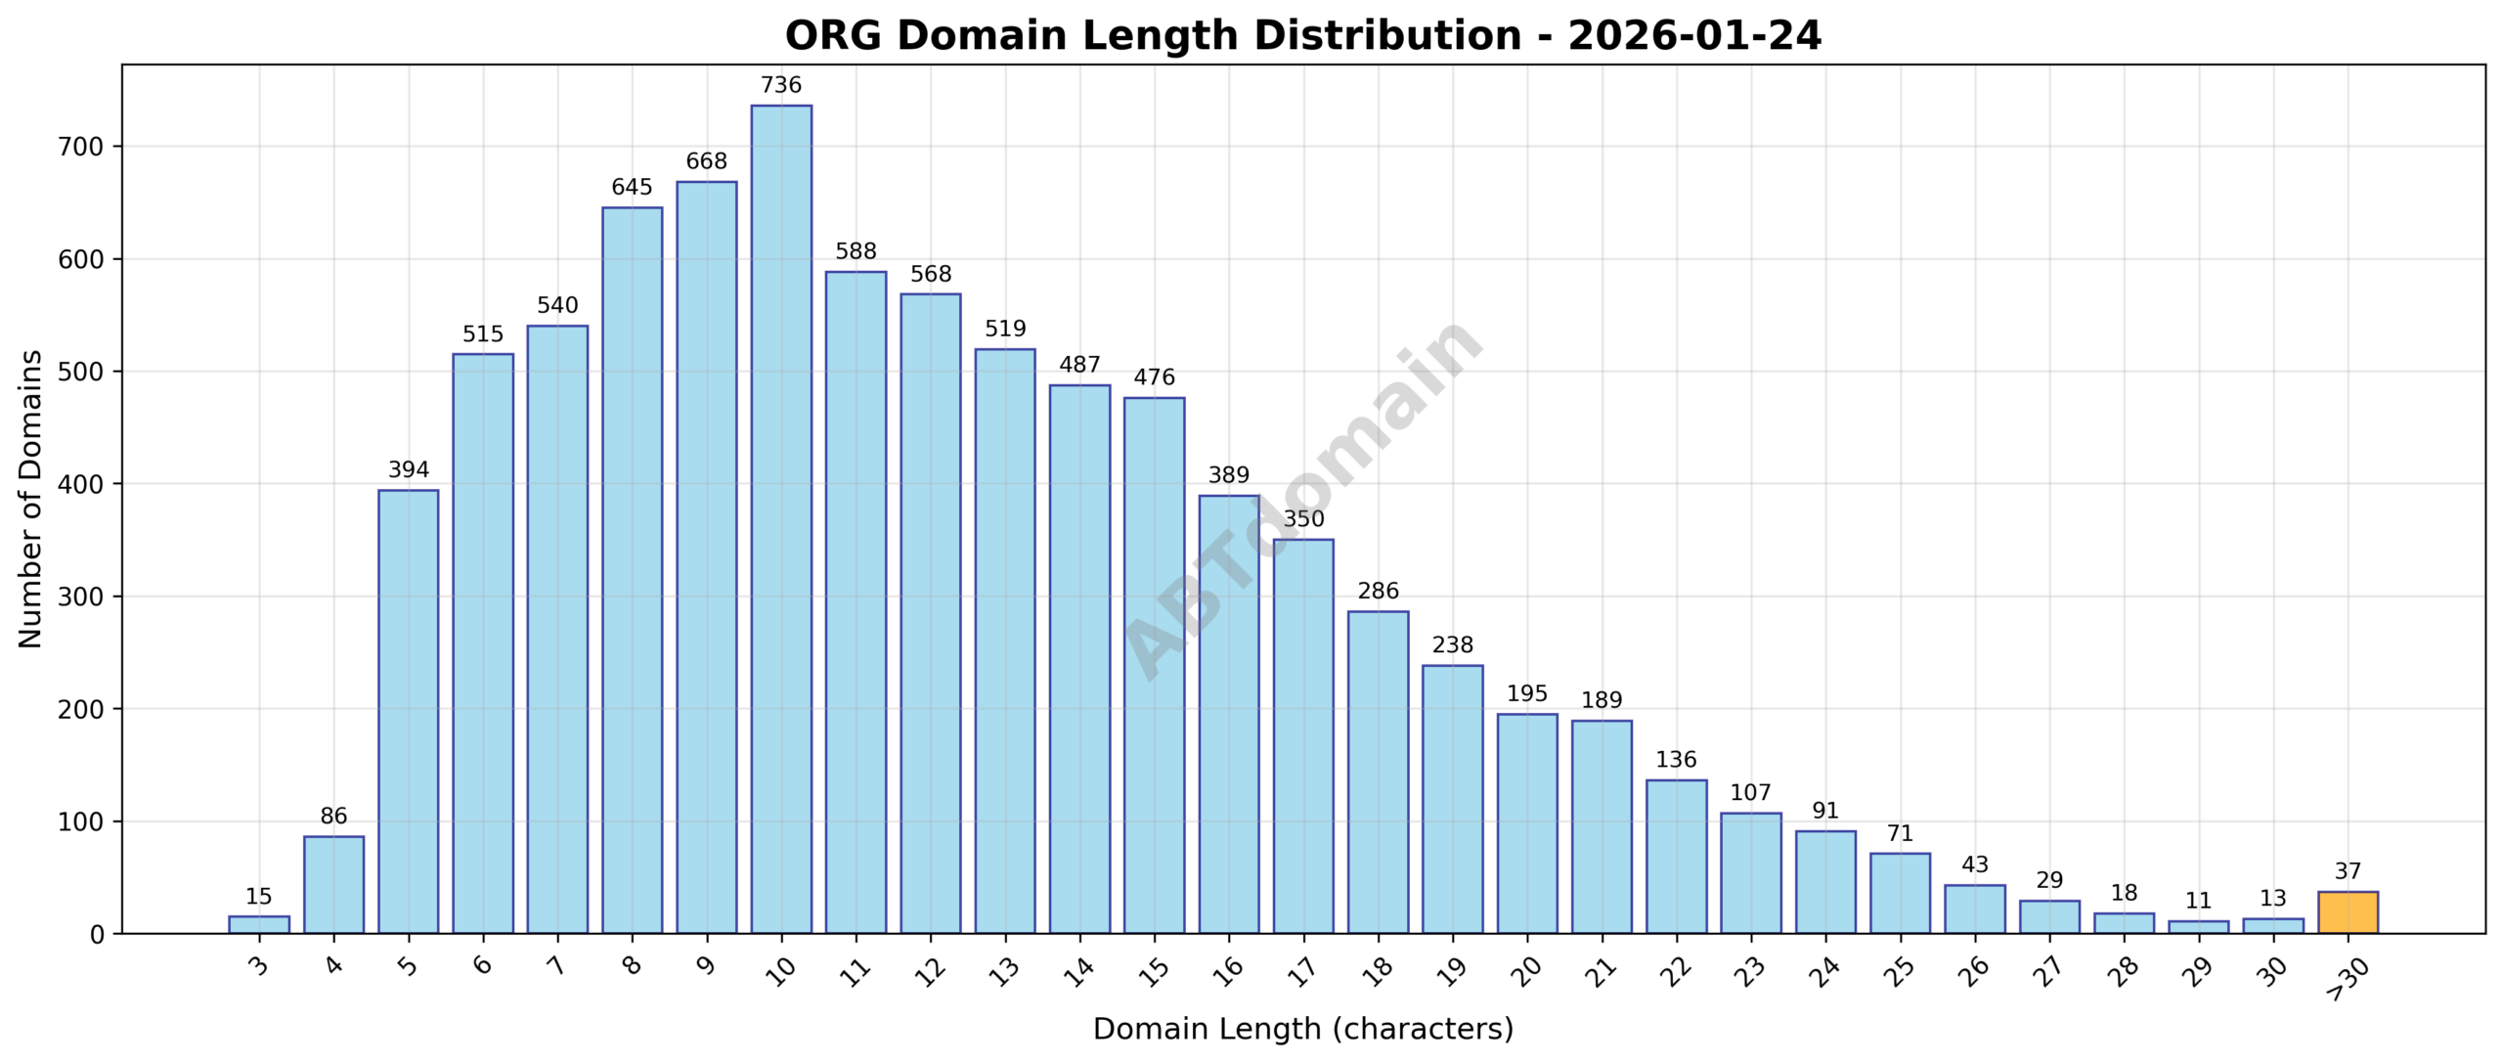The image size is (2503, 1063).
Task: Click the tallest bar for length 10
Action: [781, 518]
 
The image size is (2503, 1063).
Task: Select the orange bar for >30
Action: [2348, 912]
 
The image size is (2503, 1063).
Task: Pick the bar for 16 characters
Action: [1229, 714]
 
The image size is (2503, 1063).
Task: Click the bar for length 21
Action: [1602, 826]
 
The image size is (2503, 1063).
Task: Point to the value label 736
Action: [781, 85]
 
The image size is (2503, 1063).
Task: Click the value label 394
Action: [409, 469]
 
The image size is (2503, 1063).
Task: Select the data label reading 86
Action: [333, 816]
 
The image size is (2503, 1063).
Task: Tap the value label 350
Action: [1303, 519]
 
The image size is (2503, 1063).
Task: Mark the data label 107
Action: [1750, 792]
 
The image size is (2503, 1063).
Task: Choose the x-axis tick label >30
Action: [2346, 978]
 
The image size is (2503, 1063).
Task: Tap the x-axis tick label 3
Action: [258, 966]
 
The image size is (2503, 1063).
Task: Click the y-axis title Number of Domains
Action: [31, 499]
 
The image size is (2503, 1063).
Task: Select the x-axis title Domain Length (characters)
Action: [1302, 1029]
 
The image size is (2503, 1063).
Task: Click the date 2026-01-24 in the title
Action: [1694, 36]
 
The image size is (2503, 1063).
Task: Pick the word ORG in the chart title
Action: [834, 36]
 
